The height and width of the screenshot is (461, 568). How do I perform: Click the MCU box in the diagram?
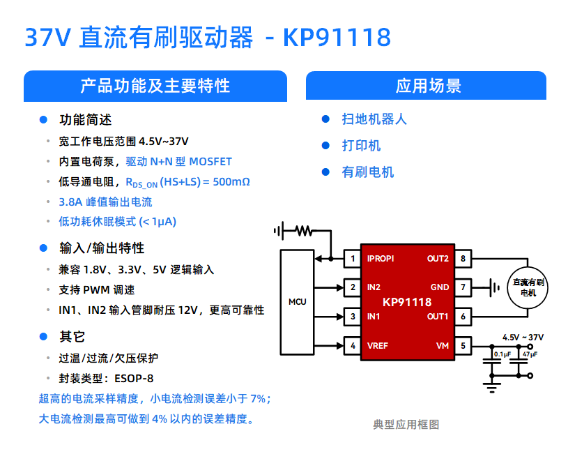tap(297, 302)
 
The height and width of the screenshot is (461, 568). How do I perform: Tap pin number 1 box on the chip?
tap(353, 259)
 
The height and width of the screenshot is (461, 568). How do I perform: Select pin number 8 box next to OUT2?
tap(463, 259)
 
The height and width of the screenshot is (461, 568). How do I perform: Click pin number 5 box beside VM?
tap(463, 346)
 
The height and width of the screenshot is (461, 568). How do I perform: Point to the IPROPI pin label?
tap(381, 259)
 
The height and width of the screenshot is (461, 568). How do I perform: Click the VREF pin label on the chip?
tap(378, 346)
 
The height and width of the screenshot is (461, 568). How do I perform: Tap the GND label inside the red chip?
tap(440, 287)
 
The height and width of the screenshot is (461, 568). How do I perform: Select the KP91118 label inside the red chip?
tap(407, 302)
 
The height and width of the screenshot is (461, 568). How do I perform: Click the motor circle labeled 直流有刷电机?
tap(528, 288)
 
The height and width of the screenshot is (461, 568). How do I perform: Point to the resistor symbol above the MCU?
tap(304, 230)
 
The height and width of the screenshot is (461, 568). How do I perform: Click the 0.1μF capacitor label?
tap(502, 354)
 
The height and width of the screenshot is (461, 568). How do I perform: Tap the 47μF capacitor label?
tap(530, 354)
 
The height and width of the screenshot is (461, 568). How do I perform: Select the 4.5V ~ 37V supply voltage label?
tap(523, 338)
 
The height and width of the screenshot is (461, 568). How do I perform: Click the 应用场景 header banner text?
tap(428, 86)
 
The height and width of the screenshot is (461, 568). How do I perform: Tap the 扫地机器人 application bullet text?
tap(374, 119)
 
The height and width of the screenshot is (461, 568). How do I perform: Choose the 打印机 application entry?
tap(361, 146)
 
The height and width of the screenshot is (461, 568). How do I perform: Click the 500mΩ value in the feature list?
tap(231, 181)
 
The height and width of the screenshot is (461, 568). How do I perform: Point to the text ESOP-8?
tap(134, 379)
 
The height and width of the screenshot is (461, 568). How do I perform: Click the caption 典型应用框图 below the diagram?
tap(406, 425)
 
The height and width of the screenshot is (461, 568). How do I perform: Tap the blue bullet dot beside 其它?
tap(43, 337)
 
